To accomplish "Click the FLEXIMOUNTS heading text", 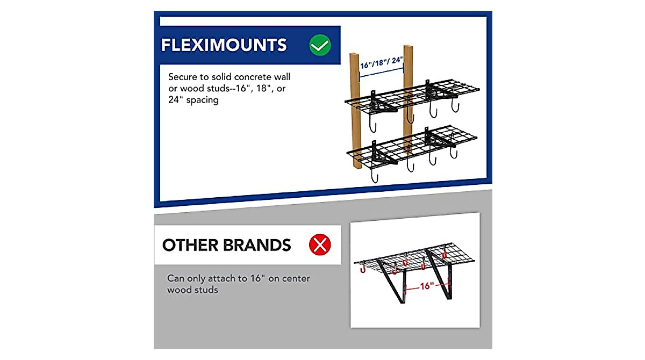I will click(224, 45).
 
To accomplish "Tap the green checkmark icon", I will click(320, 46).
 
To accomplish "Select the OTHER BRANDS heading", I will click(226, 246).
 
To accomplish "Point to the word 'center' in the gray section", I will click(294, 278).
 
